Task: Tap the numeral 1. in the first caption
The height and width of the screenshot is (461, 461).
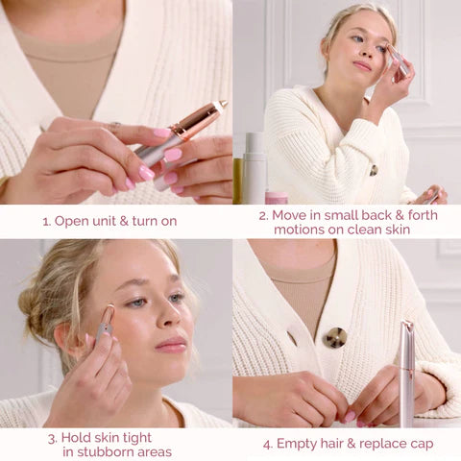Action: coord(46,221)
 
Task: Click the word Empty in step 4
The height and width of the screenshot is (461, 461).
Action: coord(297,444)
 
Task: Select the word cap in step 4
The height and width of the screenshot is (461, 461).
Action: coord(419,444)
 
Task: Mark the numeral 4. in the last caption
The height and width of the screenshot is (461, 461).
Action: coord(267,444)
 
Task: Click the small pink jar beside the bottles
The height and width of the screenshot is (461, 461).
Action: coord(277,197)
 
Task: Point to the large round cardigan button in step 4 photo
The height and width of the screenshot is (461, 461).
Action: coord(335,337)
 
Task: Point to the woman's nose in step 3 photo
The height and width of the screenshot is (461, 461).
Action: coord(174,316)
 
